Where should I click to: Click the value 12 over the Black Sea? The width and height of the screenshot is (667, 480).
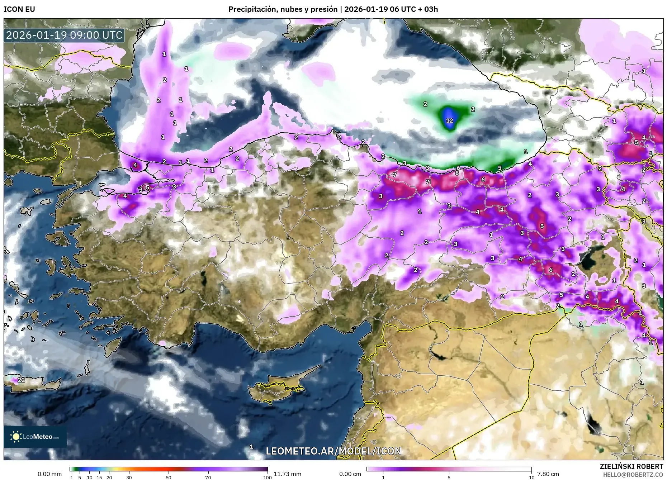coord(449,120)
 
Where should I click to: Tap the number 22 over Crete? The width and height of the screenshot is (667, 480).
coord(21,380)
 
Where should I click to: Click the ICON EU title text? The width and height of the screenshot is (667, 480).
coord(19,9)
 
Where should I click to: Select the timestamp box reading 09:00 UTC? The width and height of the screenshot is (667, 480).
coord(65,35)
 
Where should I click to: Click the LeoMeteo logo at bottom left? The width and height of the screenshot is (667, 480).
coord(35,437)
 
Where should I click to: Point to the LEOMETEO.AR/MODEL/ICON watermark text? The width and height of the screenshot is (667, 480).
coord(333,451)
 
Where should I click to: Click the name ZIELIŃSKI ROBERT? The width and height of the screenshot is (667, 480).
coord(631,466)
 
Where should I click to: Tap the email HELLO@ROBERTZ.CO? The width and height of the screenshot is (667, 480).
coord(633,474)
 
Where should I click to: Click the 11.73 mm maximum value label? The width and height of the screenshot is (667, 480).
coord(287,474)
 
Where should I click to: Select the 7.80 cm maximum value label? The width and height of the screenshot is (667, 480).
coord(548,474)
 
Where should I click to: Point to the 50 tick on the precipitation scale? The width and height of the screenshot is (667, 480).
coord(169,477)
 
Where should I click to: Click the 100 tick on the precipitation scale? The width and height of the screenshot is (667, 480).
coord(267,477)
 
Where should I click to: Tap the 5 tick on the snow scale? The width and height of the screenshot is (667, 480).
coord(449,477)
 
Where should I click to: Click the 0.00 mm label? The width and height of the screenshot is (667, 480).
coord(49,474)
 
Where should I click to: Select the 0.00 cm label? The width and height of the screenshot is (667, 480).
coord(350,474)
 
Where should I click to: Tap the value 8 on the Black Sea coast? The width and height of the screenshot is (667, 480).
coord(457,173)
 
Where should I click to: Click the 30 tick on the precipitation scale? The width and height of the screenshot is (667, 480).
coord(129,477)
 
